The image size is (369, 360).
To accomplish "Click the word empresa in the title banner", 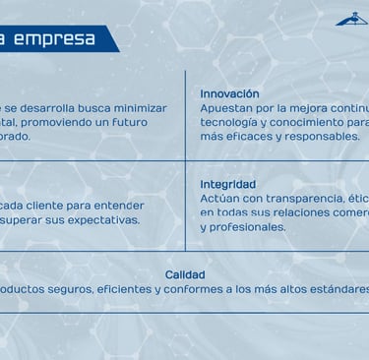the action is tap(54, 39).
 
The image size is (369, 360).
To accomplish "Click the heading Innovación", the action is tap(229, 93).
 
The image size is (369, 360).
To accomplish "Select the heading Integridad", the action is tap(228, 184).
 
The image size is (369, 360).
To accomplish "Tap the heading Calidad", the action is tap(185, 274).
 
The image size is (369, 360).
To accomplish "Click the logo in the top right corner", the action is tap(352, 19).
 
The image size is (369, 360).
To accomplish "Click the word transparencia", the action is tap(305, 199).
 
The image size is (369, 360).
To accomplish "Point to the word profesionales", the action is tap(247, 227).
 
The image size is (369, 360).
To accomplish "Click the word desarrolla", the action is tap(47, 108).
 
